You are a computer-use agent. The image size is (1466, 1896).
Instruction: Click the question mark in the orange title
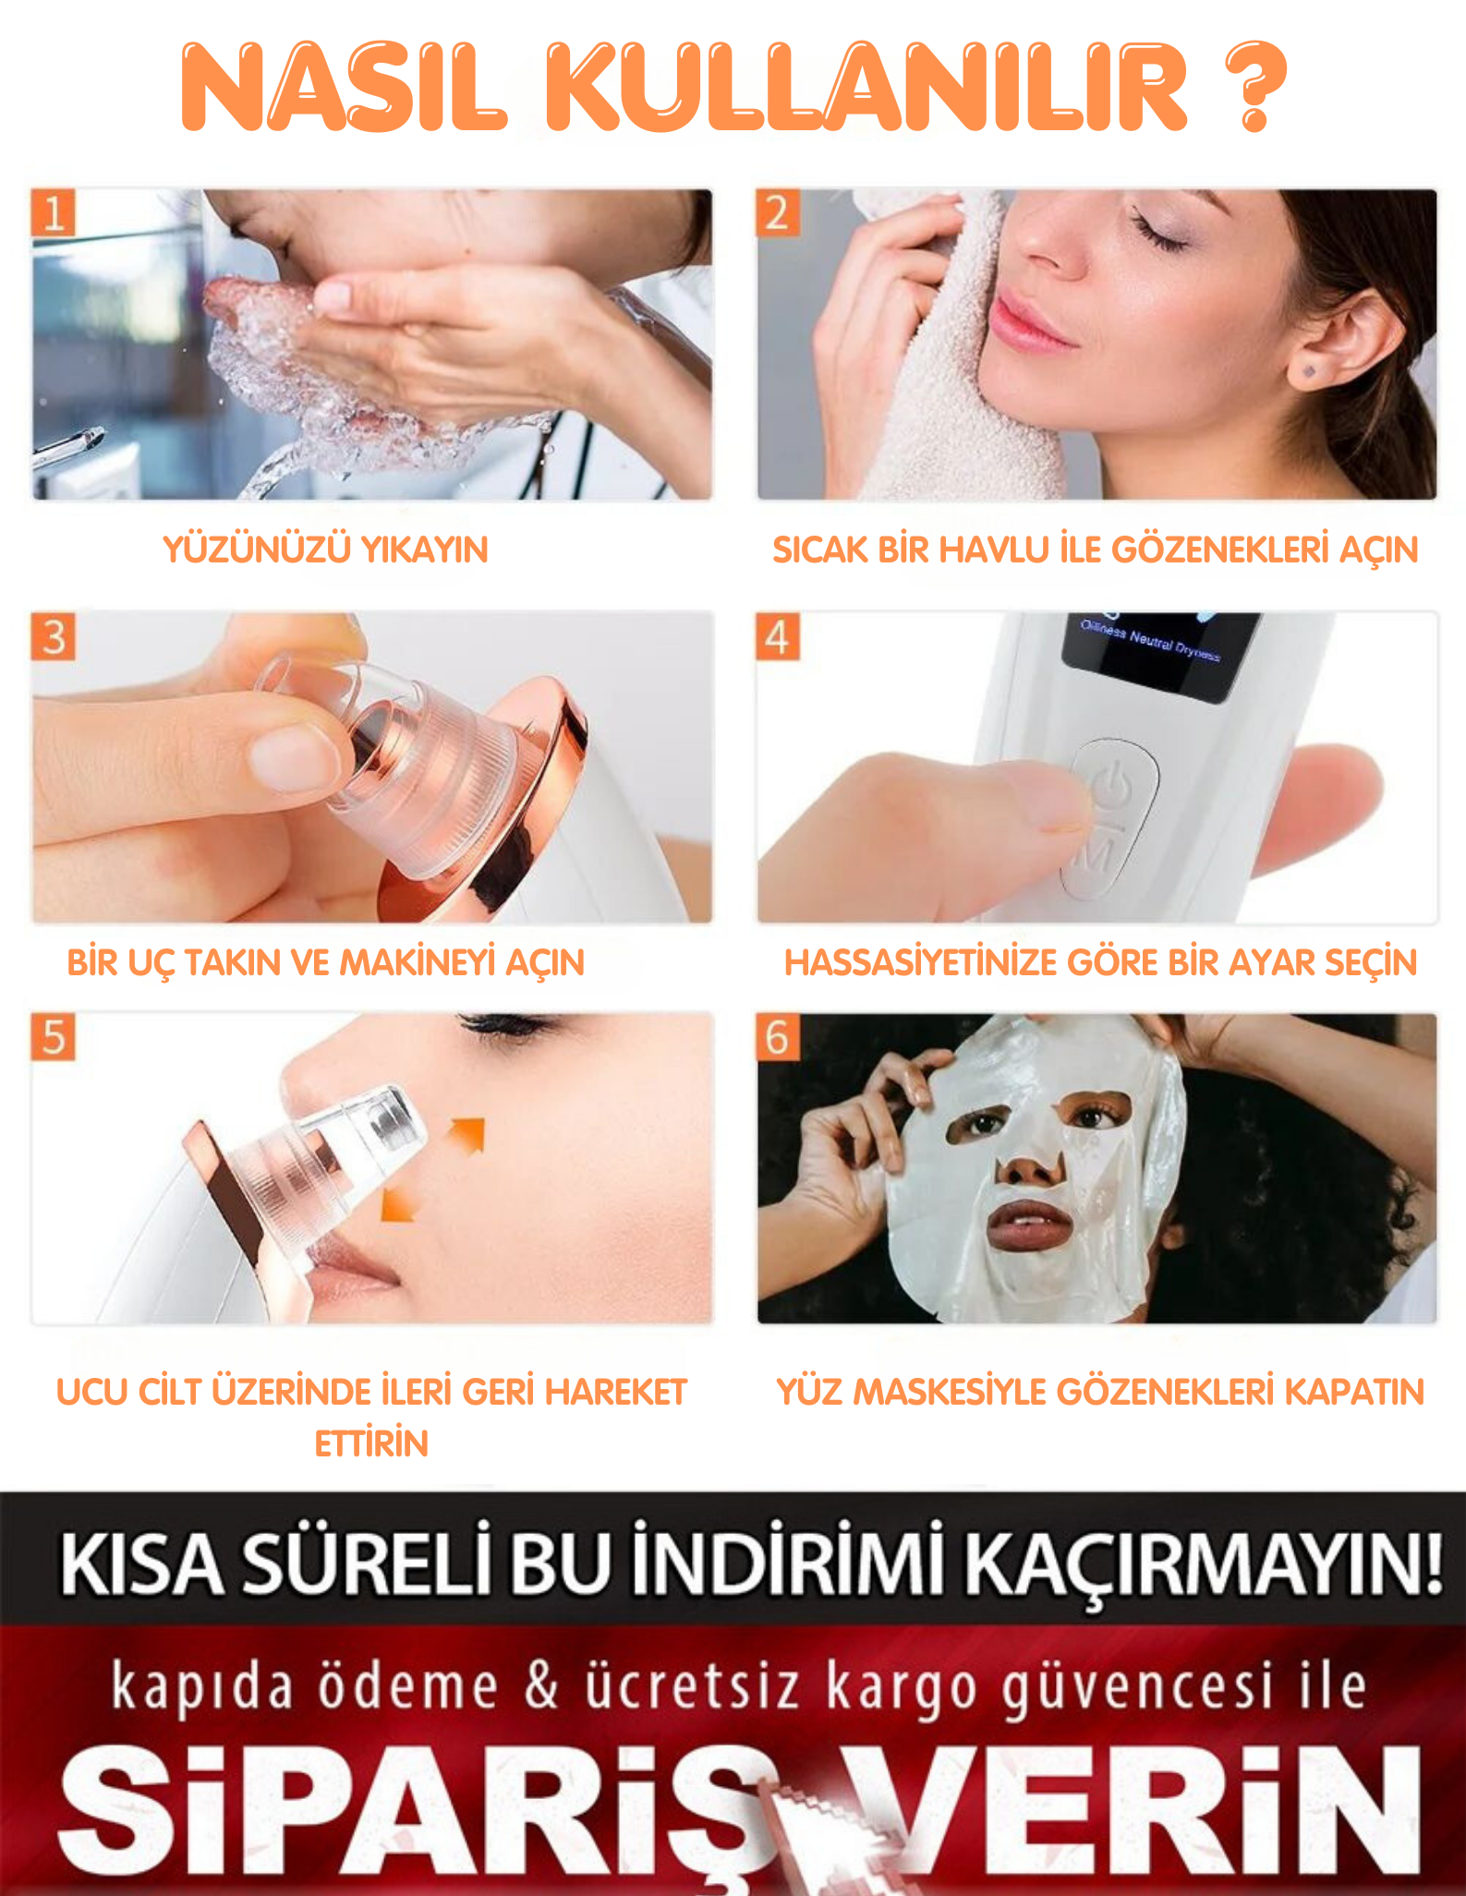pyautogui.click(x=1255, y=86)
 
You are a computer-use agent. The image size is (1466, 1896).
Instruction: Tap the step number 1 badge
pyautogui.click(x=54, y=213)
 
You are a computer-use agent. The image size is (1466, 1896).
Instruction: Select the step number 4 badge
pyautogui.click(x=778, y=637)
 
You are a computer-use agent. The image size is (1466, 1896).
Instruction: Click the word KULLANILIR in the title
pyautogui.click(x=866, y=87)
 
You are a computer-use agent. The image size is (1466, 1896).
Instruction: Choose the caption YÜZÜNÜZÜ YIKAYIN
pyautogui.click(x=326, y=549)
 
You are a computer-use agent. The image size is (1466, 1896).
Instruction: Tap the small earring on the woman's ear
pyautogui.click(x=1309, y=372)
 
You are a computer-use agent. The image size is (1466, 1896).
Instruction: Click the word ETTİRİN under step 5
pyautogui.click(x=371, y=1443)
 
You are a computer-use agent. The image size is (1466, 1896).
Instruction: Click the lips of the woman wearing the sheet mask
pyautogui.click(x=1030, y=1225)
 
